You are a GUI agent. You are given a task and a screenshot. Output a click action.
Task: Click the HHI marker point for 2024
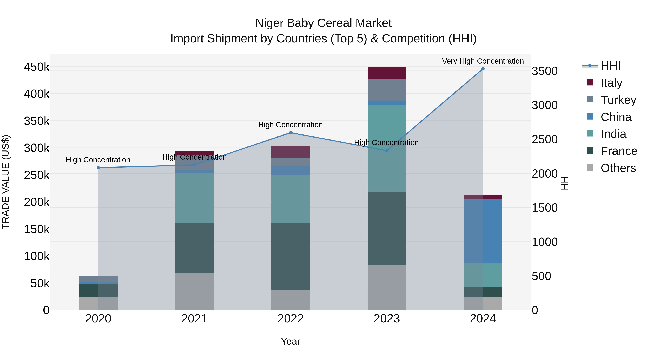[x=483, y=69]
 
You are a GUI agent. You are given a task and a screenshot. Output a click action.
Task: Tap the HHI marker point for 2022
[x=291, y=133]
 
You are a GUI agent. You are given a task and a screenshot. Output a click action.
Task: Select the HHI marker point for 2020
[x=98, y=168]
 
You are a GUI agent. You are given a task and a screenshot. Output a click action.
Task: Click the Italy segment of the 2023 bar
[x=387, y=73]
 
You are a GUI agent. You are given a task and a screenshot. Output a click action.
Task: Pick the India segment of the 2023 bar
[x=387, y=148]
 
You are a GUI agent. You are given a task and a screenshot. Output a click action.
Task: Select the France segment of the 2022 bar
[x=291, y=256]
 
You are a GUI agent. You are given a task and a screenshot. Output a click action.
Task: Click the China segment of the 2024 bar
[x=483, y=231]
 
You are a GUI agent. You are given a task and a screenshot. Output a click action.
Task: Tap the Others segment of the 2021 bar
[x=194, y=291]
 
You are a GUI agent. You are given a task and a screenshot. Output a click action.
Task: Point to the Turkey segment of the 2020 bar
[x=98, y=279]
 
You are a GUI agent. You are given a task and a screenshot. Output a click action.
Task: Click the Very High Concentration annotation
[x=483, y=61]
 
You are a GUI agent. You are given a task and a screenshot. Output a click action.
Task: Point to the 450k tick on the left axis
[x=37, y=67]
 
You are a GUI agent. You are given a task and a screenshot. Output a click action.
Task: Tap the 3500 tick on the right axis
[x=545, y=71]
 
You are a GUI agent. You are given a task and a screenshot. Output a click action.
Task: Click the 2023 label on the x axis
[x=387, y=319]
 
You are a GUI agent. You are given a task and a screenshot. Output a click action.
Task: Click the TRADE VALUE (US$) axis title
[x=6, y=182]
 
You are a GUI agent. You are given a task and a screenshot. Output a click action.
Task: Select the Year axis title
[x=291, y=341]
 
